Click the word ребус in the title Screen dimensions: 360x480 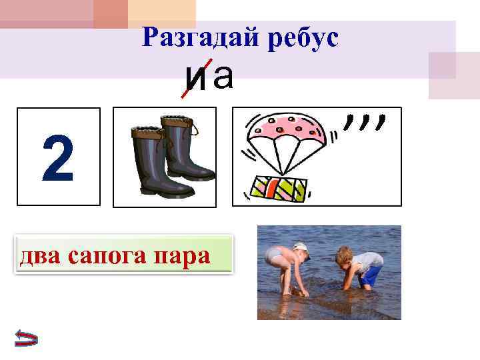coord(303,37)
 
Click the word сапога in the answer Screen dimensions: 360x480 coord(112,254)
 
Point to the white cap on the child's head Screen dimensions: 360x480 coord(301,247)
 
